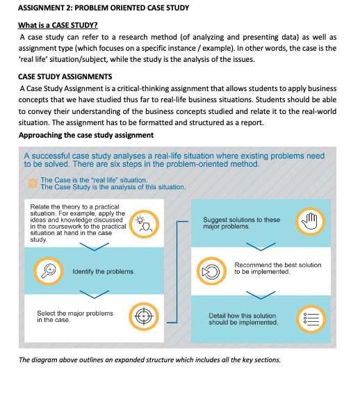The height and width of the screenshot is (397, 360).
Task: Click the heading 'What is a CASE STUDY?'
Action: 58,25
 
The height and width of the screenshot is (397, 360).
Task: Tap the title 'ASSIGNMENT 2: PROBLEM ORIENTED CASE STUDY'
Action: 104,8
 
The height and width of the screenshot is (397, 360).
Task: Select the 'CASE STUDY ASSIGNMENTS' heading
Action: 65,76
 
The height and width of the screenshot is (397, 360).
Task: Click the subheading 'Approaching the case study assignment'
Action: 86,135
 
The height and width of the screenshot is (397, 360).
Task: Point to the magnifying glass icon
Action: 49,271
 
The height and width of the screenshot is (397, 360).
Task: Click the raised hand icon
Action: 311,222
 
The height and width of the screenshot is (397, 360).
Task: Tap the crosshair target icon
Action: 144,316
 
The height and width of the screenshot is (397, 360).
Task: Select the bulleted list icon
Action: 311,318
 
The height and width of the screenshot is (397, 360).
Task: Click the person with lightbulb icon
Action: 144,224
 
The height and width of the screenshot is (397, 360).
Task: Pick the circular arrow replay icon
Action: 212,271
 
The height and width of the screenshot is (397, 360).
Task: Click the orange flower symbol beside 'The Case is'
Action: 33,184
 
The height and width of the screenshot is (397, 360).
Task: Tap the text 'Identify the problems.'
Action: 104,272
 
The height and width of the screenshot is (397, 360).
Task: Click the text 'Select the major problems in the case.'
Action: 75,316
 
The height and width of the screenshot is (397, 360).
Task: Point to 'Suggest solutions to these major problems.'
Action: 242,222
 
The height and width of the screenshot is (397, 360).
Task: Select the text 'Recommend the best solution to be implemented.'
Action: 278,268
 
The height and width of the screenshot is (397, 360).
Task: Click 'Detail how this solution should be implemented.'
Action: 243,319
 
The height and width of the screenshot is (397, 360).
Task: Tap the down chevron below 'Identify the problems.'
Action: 95,295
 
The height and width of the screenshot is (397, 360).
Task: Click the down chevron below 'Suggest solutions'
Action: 261,247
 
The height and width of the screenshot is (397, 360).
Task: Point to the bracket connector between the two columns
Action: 177,272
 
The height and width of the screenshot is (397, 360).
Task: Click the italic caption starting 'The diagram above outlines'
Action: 150,359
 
